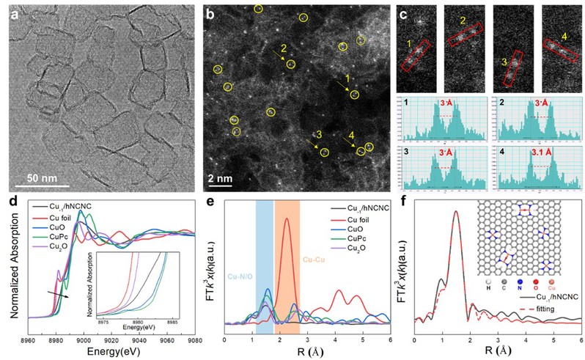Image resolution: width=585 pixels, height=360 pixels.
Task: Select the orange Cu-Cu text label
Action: pyautogui.click(x=319, y=259)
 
